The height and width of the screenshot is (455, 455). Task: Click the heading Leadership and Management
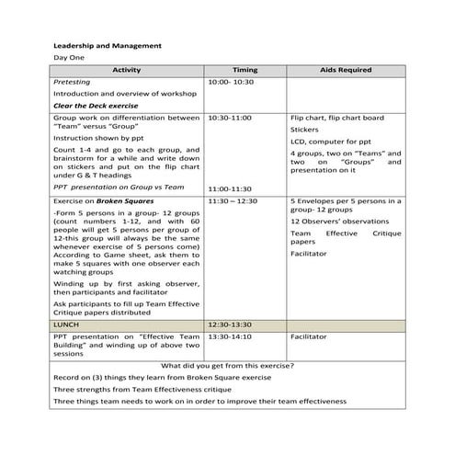point(108,44)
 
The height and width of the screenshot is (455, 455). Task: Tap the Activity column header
point(127,70)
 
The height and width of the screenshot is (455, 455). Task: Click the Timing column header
point(245,70)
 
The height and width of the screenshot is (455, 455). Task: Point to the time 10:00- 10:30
point(231,82)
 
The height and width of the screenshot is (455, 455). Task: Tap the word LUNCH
point(68,325)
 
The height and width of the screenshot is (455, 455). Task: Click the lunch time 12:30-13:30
point(230,325)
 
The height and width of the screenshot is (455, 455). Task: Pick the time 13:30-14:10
point(230,337)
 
